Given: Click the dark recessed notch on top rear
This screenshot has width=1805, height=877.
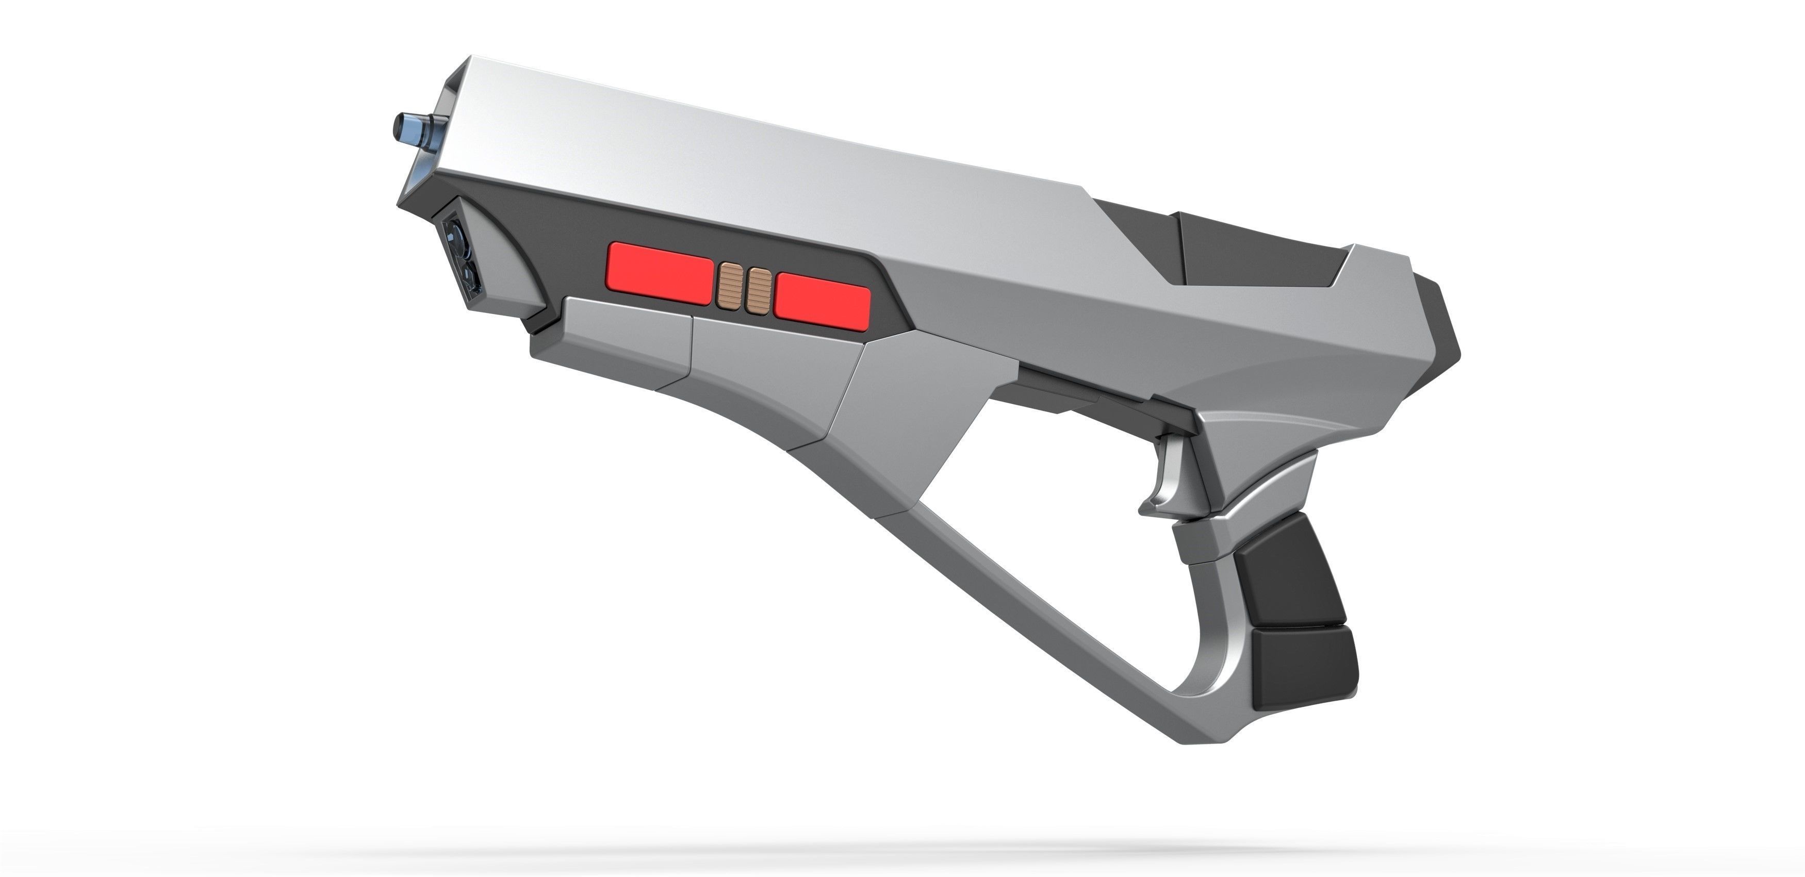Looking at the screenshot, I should click(1233, 252).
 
